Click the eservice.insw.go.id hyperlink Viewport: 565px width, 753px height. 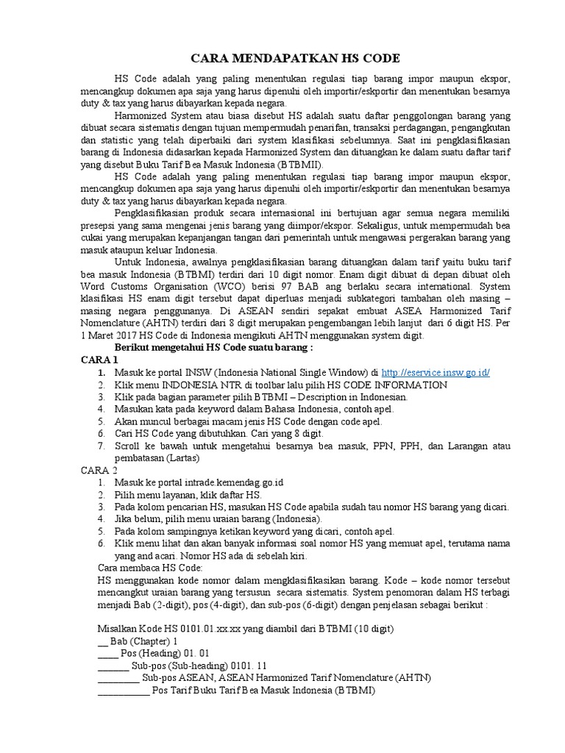point(436,373)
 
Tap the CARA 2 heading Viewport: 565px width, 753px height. point(99,469)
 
